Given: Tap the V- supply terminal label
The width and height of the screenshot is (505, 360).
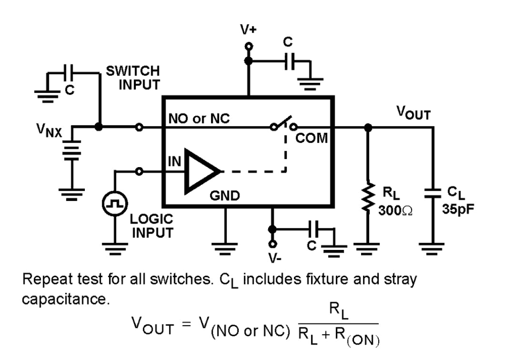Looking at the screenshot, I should (x=274, y=258).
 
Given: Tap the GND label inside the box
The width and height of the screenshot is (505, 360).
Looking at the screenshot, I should (x=225, y=196).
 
